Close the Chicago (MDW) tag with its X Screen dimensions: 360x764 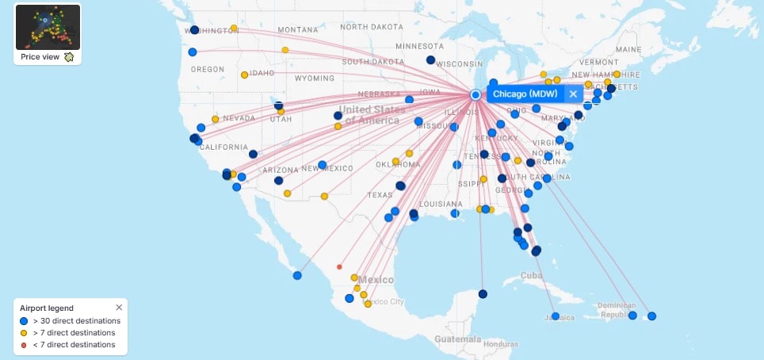(573, 94)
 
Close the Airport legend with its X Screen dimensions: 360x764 (119, 308)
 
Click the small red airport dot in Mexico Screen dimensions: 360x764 (339, 267)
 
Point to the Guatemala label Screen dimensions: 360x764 (457, 339)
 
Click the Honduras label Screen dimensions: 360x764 (501, 344)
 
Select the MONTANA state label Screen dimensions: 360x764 (297, 29)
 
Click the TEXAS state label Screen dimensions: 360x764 (380, 195)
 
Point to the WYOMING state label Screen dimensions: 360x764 (315, 79)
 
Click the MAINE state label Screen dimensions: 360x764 (628, 49)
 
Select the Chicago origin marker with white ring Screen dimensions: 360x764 (476, 94)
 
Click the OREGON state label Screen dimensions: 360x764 (208, 69)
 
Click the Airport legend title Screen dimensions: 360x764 (48, 308)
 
